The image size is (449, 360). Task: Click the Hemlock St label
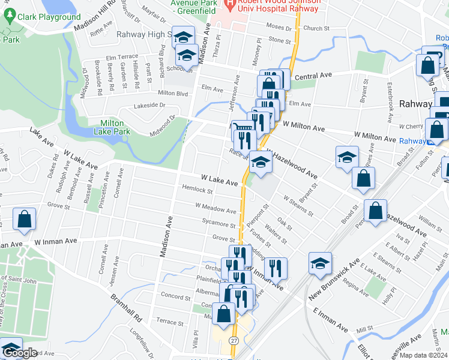pos(198,190)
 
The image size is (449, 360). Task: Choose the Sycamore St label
pos(218,224)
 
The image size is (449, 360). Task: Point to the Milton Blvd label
pos(173,93)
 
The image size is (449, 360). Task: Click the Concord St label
pos(175,296)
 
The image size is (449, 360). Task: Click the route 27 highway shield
pos(234,341)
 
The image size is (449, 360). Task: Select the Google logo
pos(20,353)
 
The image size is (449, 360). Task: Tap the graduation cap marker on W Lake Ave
pos(260,163)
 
